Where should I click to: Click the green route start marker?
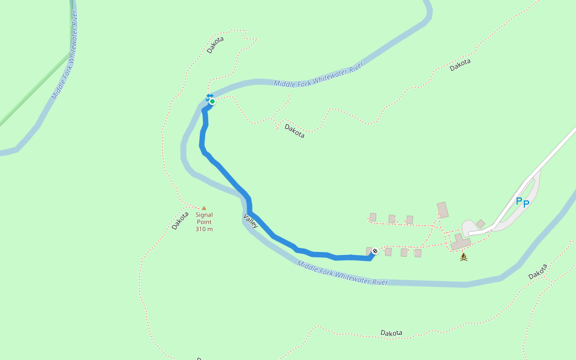coord(212,101)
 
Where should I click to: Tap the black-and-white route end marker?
coord(375,251)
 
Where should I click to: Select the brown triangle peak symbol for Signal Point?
coord(203,208)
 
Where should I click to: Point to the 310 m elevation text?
coord(204,229)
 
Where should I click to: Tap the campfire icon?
coord(463,257)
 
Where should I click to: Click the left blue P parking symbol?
coord(519,201)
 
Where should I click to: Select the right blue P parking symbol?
coord(526,203)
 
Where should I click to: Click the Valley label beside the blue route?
coord(251,221)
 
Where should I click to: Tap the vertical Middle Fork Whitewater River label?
coord(65,55)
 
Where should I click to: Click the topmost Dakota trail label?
coord(215,45)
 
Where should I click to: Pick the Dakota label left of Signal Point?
coord(180,220)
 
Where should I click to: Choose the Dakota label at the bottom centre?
coord(391,333)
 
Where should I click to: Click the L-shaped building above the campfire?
coord(461,241)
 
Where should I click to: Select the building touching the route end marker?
coord(369,251)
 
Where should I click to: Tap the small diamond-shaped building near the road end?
coord(481,224)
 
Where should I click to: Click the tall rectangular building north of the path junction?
coord(443,210)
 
